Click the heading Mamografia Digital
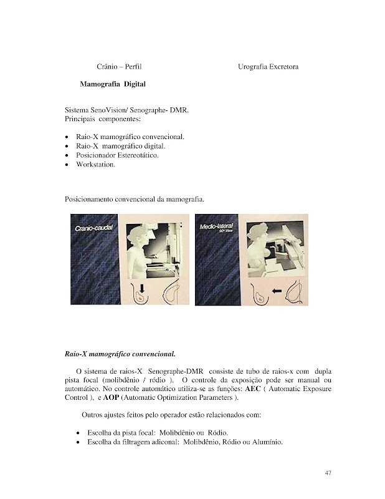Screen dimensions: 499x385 pos(113,84)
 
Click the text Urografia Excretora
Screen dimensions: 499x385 pos(268,66)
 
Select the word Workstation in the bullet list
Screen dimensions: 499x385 pos(95,165)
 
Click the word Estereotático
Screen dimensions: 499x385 pos(135,155)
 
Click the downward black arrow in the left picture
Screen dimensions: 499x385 pos(142,288)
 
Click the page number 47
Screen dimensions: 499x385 pos(328,472)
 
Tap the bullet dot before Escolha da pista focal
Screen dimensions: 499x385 pos(77,433)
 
